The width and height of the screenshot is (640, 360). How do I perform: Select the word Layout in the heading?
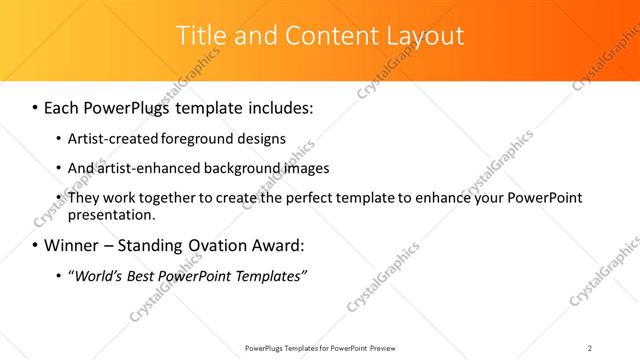(x=426, y=35)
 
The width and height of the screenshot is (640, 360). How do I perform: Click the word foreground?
(x=210, y=138)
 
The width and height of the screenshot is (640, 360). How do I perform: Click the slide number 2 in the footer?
(x=590, y=347)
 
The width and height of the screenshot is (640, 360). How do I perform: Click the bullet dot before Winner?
(x=36, y=246)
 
